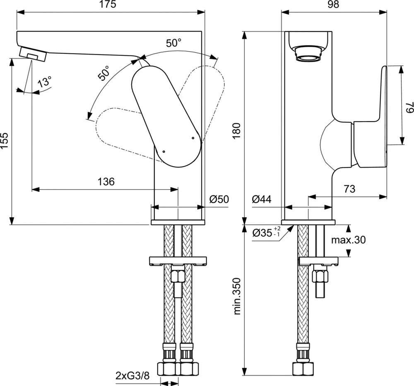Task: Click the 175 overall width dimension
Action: tap(108, 4)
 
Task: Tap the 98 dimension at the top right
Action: tap(333, 4)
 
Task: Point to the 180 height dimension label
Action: tap(236, 131)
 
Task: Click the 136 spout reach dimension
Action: tap(106, 182)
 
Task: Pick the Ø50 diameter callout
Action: tap(219, 199)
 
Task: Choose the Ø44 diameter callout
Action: tap(261, 199)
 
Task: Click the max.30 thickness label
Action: tap(349, 240)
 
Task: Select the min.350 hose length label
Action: tap(237, 296)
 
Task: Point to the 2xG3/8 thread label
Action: tap(132, 375)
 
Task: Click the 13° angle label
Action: tap(44, 82)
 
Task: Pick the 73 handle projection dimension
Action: tap(349, 189)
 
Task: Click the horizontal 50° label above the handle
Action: tap(173, 43)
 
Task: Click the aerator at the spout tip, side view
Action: tap(33, 54)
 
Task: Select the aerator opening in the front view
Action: tap(308, 55)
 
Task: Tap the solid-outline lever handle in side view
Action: tap(166, 117)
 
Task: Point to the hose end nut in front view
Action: tap(303, 369)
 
